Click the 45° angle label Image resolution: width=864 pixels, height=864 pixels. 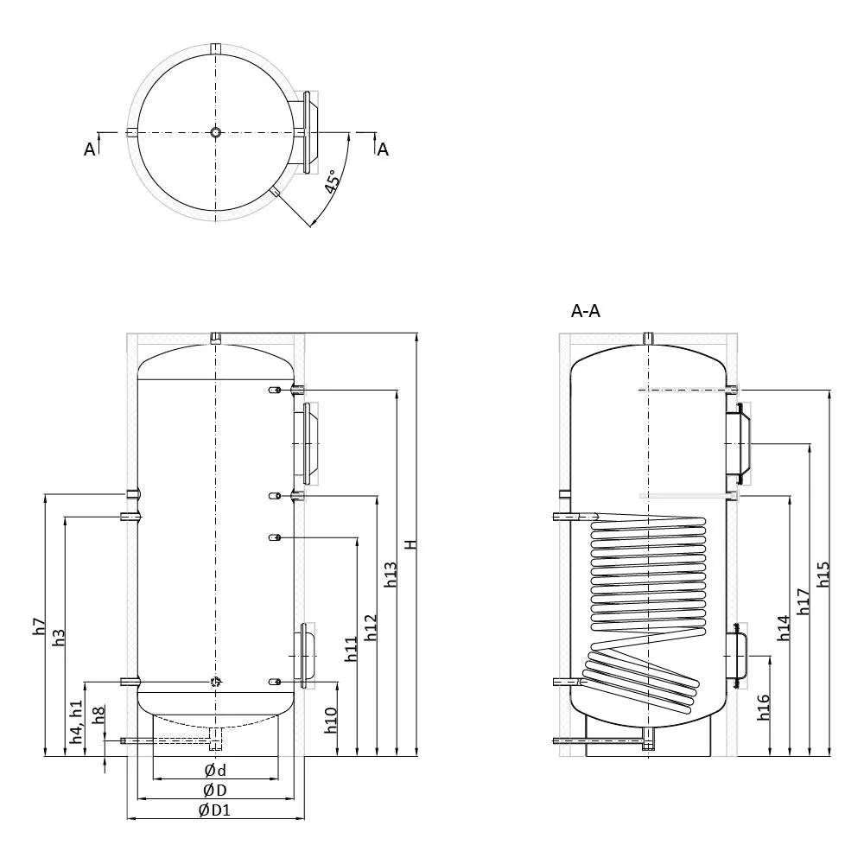[x=331, y=181]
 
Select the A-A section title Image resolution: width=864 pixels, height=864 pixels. [x=585, y=311]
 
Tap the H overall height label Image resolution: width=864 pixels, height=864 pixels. [x=411, y=544]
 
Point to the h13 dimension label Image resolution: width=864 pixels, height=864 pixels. [x=391, y=575]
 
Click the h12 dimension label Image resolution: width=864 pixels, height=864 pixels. [x=371, y=627]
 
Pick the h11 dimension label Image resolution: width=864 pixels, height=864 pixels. [x=351, y=649]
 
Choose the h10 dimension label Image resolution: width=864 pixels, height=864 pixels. [x=331, y=721]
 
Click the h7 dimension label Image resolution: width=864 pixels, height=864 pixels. [x=39, y=626]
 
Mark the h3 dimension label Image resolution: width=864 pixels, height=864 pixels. [x=59, y=638]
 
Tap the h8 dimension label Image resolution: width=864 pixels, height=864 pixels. [x=98, y=715]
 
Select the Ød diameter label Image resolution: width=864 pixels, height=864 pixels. [x=215, y=771]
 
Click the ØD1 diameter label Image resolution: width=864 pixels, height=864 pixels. [x=214, y=810]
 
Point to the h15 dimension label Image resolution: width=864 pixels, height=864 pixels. [x=823, y=575]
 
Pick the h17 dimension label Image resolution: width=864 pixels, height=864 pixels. [x=803, y=601]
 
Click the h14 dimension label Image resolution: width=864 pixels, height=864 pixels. [x=783, y=628]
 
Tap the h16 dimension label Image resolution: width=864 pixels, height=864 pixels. [x=763, y=708]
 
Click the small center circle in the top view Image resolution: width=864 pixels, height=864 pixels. [x=215, y=132]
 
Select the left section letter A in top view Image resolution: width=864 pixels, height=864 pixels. [x=90, y=149]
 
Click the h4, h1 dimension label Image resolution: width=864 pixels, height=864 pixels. [x=76, y=721]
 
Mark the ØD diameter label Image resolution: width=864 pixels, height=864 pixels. [x=215, y=791]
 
